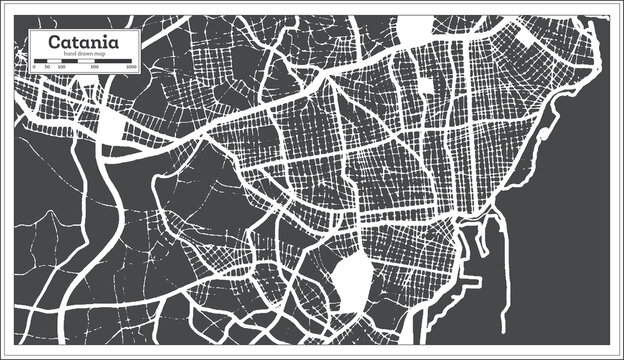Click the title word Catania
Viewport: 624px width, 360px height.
pyautogui.click(x=84, y=43)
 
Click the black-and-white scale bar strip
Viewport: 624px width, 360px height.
pyautogui.click(x=83, y=62)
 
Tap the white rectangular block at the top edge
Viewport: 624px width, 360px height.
pyautogui.click(x=414, y=30)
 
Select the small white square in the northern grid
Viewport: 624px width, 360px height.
pyautogui.click(x=427, y=87)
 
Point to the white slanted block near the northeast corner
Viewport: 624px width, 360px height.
pyautogui.click(x=526, y=39)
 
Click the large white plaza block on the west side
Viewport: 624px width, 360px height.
pyautogui.click(x=111, y=125)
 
